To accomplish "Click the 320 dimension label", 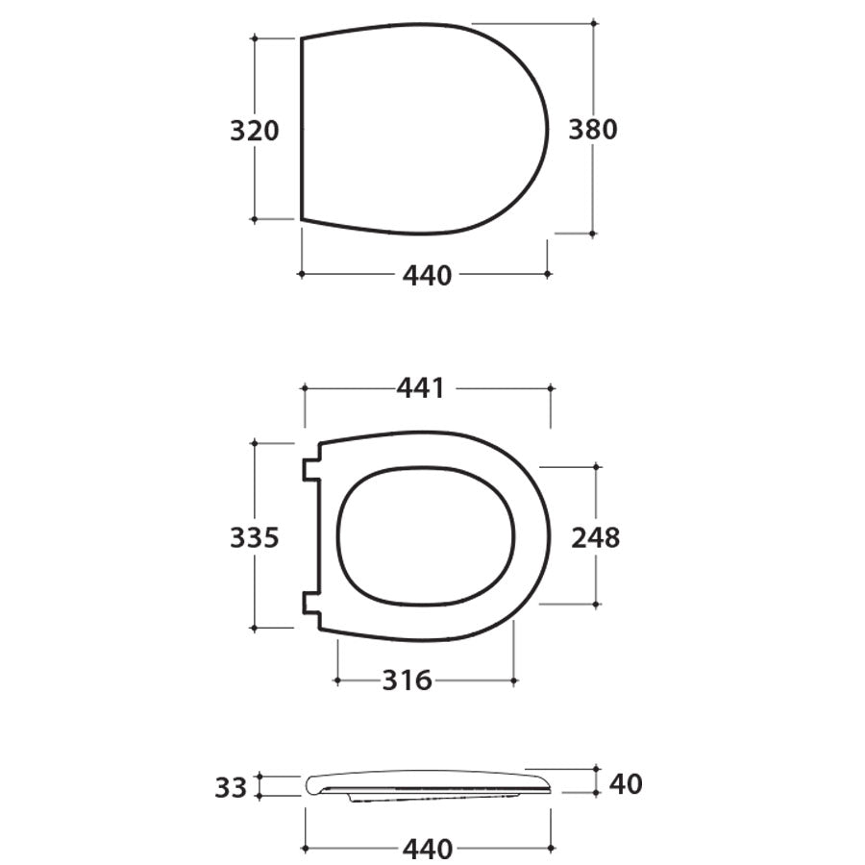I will tap(254, 130).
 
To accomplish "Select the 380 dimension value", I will tap(592, 129).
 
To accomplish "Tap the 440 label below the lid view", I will tap(427, 276).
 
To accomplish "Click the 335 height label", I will tap(254, 538).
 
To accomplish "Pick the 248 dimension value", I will tap(596, 537).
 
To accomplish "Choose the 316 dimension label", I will tap(408, 680).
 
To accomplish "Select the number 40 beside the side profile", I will tap(626, 784).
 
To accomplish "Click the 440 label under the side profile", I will tap(427, 850).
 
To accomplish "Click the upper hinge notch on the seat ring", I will tap(310, 469).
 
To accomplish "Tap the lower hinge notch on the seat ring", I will tap(310, 603).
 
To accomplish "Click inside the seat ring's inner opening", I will tap(427, 536).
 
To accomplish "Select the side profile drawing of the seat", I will tap(428, 783).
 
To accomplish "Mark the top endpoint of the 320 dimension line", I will tap(254, 37).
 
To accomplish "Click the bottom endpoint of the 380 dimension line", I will tap(592, 233).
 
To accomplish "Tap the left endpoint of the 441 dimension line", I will tap(304, 388).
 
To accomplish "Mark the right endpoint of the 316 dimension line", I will tap(514, 680).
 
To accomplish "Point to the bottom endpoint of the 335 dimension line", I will tap(254, 628).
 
